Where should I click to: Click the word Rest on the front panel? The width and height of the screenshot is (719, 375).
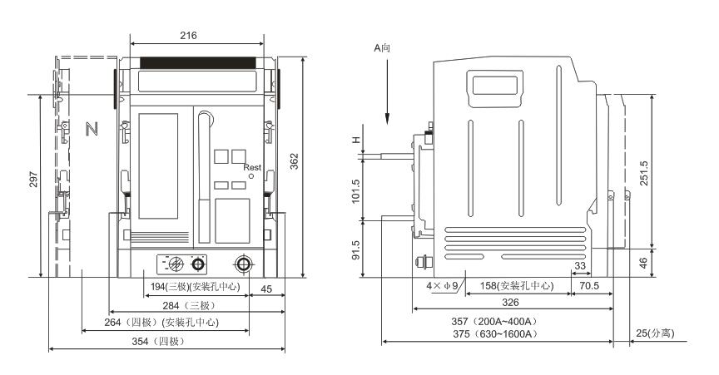point(252,167)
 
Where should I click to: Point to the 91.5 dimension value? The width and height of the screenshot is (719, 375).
point(356,249)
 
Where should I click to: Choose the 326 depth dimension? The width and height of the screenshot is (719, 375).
point(511,302)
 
